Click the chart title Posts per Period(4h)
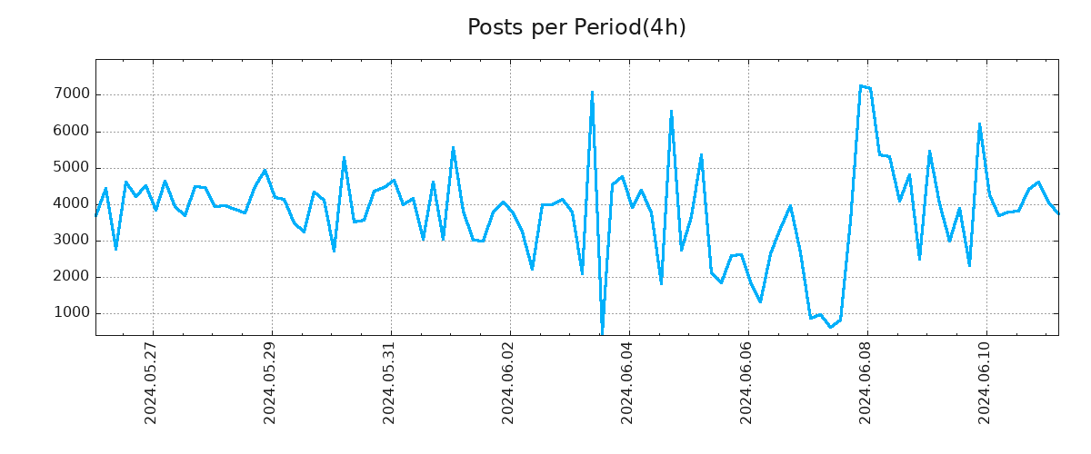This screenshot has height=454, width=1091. pos(576,28)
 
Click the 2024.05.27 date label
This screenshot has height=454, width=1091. pos(152,381)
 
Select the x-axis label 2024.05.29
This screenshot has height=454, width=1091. pos(271,381)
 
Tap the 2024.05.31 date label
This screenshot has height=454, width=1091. pos(390,381)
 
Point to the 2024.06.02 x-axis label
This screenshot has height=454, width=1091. pos(509,381)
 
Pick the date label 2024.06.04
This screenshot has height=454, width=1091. pos(628,381)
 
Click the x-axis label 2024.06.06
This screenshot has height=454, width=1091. pos(747,381)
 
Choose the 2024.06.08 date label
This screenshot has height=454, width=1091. pos(866,381)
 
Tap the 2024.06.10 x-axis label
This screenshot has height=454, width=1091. pos(986,381)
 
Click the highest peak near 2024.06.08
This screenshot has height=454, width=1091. pos(860,86)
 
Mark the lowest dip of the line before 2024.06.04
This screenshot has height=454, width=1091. pos(602,331)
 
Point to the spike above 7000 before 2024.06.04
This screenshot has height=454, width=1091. pos(592,92)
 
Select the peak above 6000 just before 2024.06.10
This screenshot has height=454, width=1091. pos(979,124)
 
